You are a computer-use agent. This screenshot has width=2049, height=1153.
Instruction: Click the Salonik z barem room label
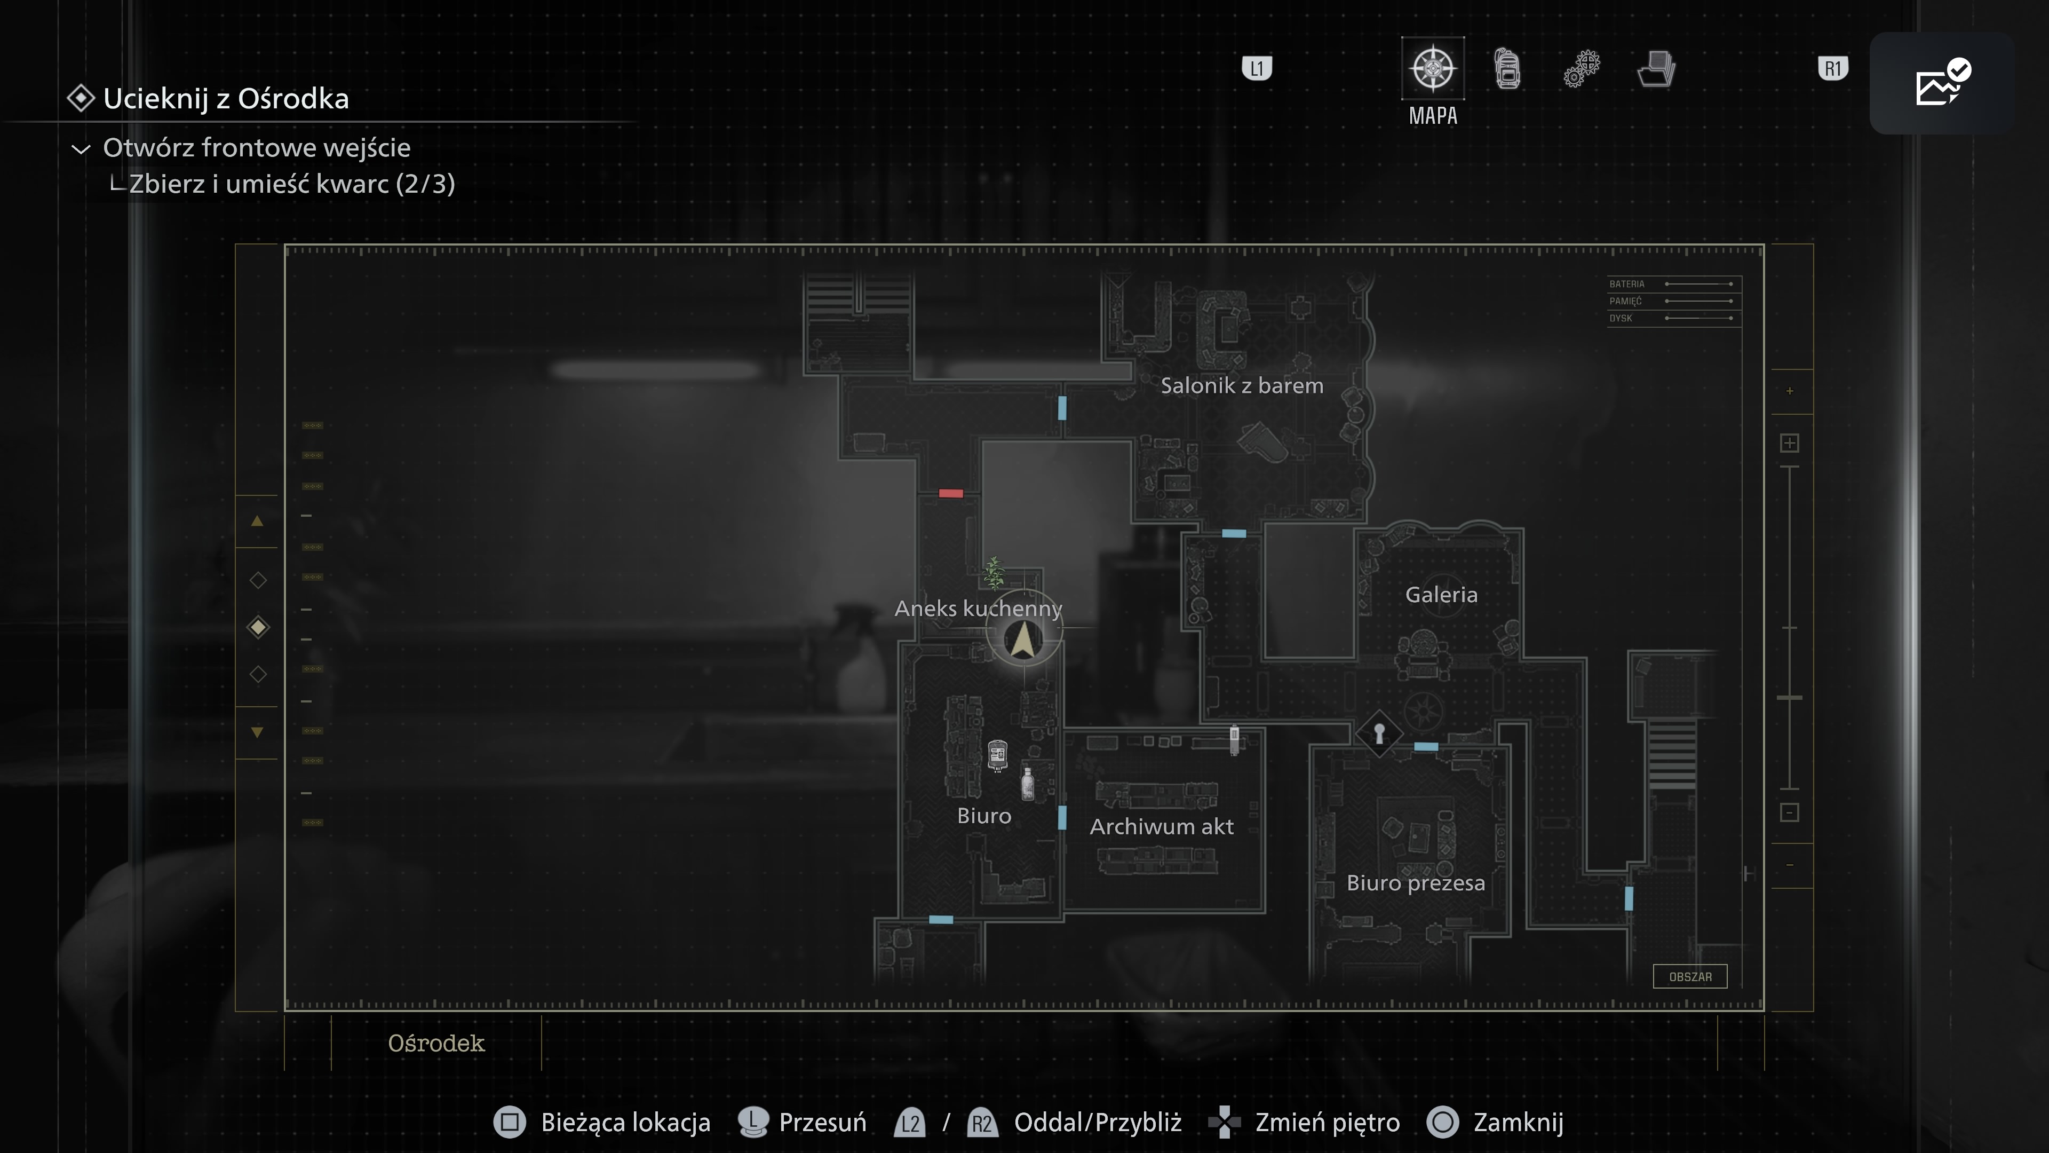point(1242,386)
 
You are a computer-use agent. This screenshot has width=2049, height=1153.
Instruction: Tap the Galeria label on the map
point(1441,595)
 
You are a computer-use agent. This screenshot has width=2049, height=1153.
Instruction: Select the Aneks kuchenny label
point(978,609)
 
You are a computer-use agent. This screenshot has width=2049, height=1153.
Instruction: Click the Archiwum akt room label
point(1161,827)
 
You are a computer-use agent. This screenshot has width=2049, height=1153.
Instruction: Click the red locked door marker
point(950,493)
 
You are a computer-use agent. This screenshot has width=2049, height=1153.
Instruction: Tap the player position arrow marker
point(1023,639)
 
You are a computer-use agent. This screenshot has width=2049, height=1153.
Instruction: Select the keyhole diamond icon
point(1378,733)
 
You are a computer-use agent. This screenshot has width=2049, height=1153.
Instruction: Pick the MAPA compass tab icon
point(1433,68)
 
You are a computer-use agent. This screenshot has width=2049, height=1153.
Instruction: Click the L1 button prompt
point(1257,68)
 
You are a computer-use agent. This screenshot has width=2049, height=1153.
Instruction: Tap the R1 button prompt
point(1833,68)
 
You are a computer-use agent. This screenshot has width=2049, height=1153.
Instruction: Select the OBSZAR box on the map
point(1689,976)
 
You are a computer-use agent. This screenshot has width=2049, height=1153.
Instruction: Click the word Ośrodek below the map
point(436,1043)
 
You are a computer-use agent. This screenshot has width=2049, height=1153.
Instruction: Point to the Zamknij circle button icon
point(1442,1122)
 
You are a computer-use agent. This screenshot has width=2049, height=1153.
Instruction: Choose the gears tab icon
point(1581,68)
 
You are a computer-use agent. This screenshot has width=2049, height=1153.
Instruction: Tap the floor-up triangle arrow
point(257,521)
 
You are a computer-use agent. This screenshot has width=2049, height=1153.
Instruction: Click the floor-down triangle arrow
point(257,732)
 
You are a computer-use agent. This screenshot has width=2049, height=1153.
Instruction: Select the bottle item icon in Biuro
point(1028,783)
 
